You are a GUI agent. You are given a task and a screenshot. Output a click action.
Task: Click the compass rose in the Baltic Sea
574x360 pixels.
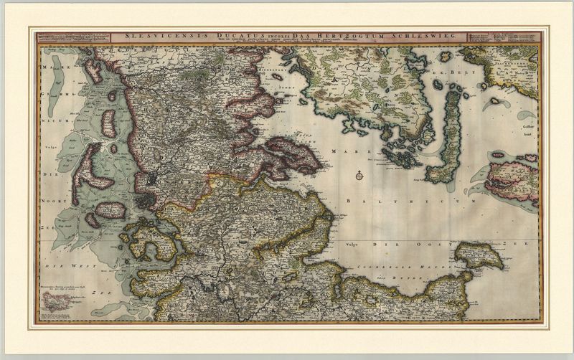[x=357, y=175]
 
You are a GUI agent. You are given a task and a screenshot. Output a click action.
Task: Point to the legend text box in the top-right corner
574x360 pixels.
[x=503, y=39]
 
